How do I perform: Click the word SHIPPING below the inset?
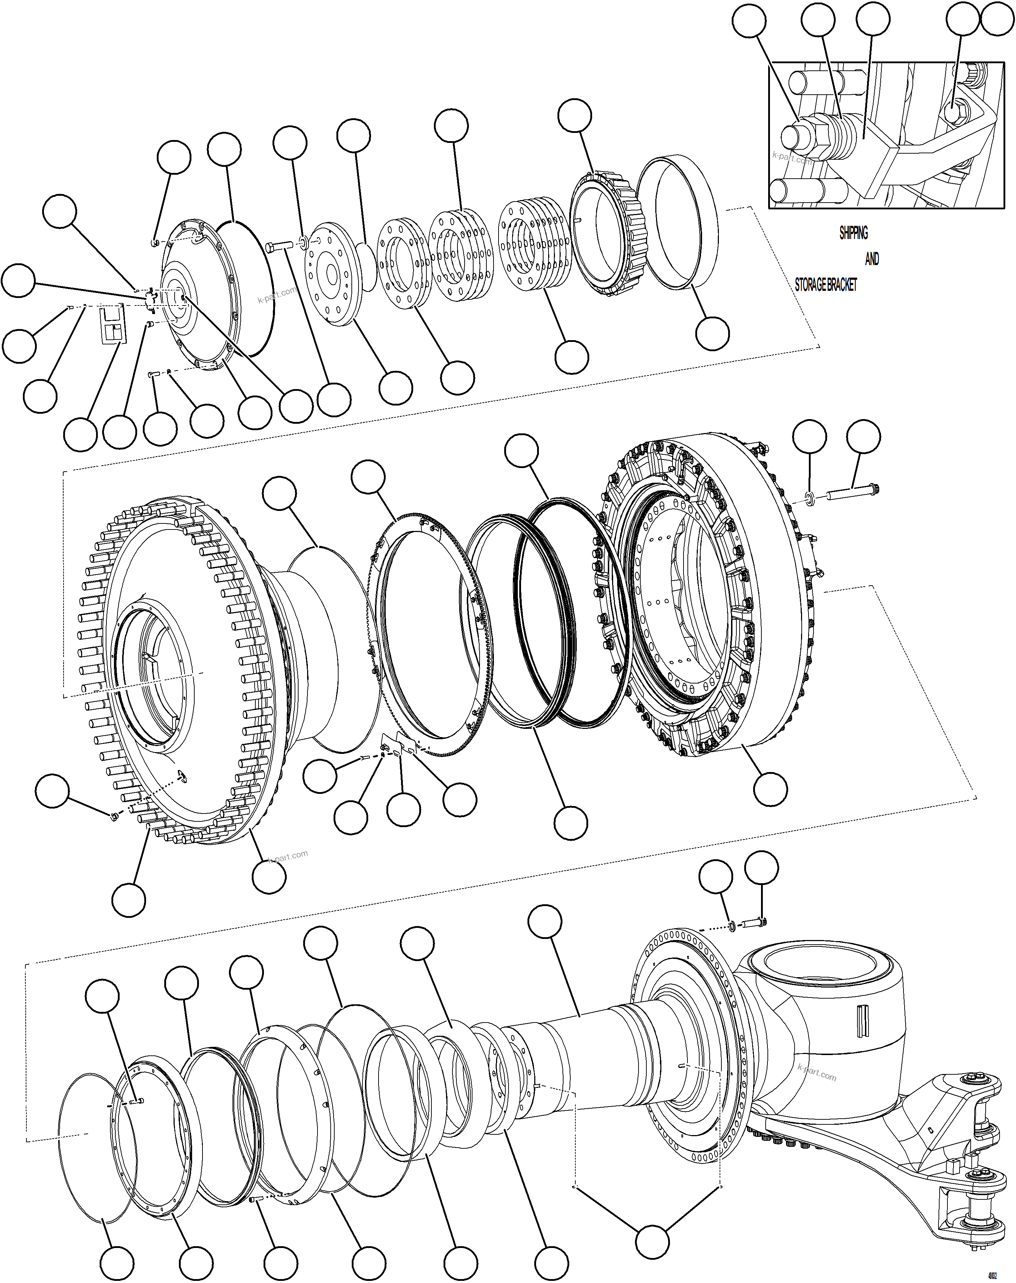click(x=853, y=233)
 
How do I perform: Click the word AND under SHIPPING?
click(x=871, y=259)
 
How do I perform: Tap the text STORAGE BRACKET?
click(x=826, y=285)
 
